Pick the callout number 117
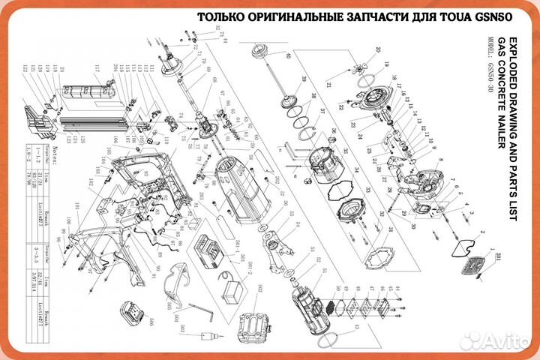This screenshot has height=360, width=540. coord(96,70)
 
